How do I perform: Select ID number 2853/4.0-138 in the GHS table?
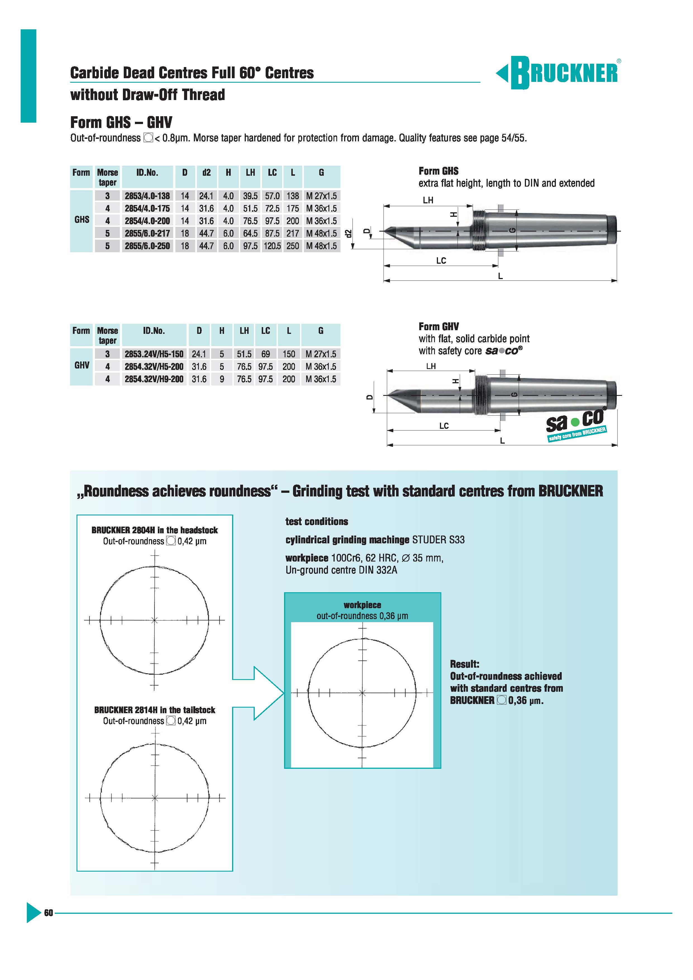pos(147,196)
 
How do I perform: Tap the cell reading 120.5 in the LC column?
pos(272,246)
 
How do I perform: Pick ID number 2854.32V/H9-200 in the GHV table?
pos(154,379)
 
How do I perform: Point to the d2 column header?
pos(206,172)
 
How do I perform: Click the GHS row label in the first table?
pos(82,219)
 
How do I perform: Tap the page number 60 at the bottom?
pos(48,913)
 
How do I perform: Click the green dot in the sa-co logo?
pos(575,422)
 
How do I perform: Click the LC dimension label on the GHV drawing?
pos(444,425)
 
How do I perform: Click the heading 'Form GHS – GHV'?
pos(121,122)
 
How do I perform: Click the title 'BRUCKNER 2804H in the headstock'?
pos(154,530)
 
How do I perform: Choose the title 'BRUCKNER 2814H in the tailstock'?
pos(154,710)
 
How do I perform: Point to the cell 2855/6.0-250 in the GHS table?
pos(147,246)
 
